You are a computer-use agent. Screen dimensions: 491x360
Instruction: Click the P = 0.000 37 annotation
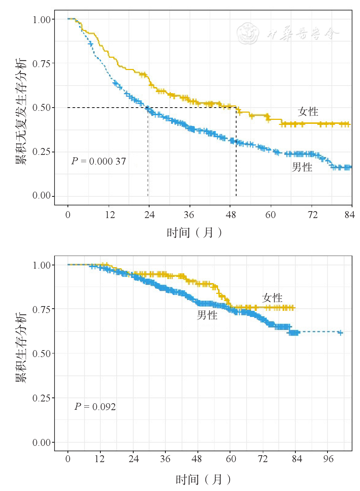point(99,161)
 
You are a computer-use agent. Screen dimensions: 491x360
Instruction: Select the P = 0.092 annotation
point(95,407)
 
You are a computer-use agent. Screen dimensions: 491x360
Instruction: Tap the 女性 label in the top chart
point(308,112)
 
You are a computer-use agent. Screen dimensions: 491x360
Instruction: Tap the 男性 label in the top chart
point(302,167)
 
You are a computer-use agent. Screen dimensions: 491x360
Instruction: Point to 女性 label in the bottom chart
point(272,298)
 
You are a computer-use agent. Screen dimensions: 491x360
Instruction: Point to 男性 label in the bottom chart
point(207,315)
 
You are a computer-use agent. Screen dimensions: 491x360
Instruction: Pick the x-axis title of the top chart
point(195,233)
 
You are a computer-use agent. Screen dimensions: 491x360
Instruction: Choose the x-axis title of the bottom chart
point(203,479)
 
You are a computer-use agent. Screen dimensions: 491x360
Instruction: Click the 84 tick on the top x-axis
point(350,215)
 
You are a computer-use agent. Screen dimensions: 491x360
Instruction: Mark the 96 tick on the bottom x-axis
point(328,459)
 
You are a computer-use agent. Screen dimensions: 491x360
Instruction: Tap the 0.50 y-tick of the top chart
point(42,108)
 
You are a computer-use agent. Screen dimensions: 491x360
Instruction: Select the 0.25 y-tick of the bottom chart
point(42,398)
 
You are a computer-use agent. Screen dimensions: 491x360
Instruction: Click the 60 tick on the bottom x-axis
point(231,459)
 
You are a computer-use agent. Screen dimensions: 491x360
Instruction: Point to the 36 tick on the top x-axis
point(189,215)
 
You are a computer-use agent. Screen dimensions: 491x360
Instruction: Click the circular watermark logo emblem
point(248,33)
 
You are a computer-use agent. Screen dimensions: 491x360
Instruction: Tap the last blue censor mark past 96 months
point(340,333)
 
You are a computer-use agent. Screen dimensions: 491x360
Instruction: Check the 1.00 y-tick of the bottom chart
point(42,265)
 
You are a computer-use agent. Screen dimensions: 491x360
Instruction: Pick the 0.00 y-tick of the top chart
point(42,196)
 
